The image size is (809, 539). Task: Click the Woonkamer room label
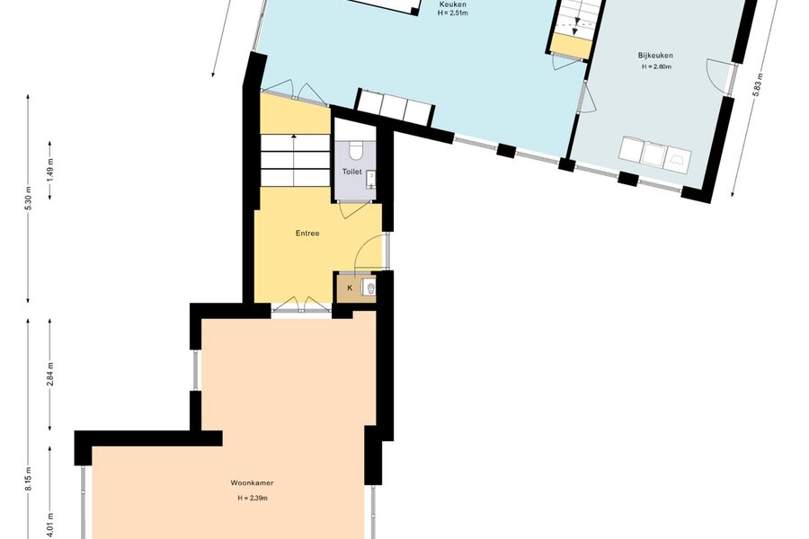tap(252, 483)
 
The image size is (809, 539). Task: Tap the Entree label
tap(307, 234)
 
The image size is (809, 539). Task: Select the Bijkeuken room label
tap(655, 55)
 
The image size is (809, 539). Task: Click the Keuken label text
tap(452, 4)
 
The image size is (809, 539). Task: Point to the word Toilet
tap(351, 172)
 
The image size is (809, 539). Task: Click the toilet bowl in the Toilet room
tap(355, 150)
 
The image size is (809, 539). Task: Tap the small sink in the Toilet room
tap(371, 180)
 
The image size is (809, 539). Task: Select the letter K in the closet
tap(350, 287)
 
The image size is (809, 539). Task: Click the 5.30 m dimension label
tap(29, 198)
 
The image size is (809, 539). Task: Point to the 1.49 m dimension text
tap(50, 169)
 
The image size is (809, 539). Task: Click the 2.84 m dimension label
tap(50, 375)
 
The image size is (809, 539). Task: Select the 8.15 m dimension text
tap(29, 479)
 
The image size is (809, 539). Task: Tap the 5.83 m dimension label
tap(757, 84)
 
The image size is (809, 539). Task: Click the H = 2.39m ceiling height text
tap(253, 499)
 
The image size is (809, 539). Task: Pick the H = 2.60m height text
tap(656, 66)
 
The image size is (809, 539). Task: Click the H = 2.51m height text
tap(452, 13)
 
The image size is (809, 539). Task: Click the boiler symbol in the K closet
tap(369, 287)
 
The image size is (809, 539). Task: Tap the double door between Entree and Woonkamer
tap(301, 305)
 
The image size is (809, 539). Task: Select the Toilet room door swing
tap(354, 209)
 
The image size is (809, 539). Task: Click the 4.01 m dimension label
tap(50, 524)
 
